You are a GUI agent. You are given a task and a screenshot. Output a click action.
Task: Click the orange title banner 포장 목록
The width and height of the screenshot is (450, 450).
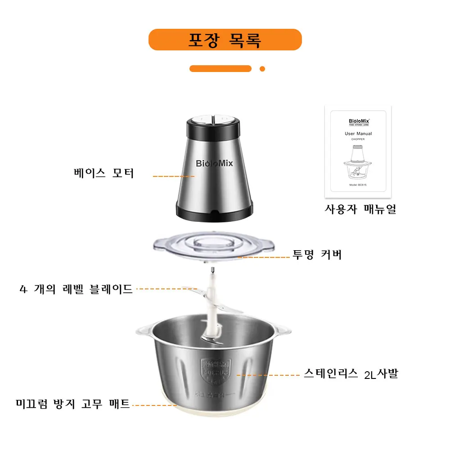(x=225, y=40)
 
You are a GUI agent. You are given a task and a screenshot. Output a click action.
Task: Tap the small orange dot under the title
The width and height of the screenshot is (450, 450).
(x=262, y=69)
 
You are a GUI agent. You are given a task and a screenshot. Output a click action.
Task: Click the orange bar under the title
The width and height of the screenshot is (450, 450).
(x=220, y=69)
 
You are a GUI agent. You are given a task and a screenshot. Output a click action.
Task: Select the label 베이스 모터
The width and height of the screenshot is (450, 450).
(x=104, y=173)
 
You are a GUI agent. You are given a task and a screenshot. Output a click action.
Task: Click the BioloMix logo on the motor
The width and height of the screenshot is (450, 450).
(x=215, y=163)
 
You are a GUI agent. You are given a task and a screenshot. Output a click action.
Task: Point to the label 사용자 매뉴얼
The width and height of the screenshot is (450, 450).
(x=360, y=209)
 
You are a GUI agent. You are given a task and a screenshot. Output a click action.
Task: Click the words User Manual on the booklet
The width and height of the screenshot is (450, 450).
(x=358, y=134)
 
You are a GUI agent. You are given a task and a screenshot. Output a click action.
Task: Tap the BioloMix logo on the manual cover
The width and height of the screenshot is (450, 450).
(x=358, y=121)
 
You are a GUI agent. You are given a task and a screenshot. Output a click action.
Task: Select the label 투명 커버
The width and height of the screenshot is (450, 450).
(x=317, y=255)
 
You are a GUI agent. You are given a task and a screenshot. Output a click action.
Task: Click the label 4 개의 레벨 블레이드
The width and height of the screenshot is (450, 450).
(x=76, y=289)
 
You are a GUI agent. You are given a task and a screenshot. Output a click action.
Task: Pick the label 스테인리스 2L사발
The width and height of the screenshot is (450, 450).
(x=351, y=373)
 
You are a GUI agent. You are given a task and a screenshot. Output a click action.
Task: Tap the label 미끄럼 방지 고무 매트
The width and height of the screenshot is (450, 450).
(x=73, y=403)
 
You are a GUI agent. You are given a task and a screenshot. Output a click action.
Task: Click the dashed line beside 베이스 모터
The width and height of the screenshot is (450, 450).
(x=173, y=176)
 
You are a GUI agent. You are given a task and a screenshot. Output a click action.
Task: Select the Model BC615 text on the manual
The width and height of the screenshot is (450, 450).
(x=358, y=185)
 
